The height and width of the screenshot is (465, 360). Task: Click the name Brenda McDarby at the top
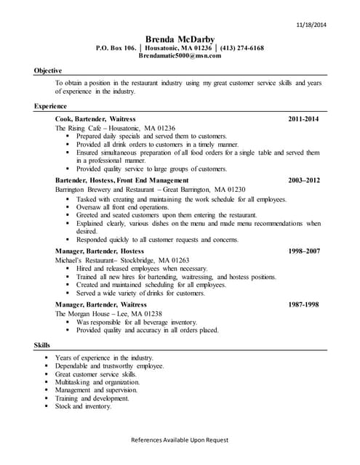[x=180, y=39]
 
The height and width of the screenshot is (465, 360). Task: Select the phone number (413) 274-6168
[x=239, y=47]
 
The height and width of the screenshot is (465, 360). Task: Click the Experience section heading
[x=50, y=106]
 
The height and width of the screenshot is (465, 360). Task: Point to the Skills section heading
[x=41, y=344]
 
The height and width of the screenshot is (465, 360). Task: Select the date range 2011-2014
[x=303, y=118]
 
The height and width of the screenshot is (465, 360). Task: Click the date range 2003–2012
[x=303, y=179]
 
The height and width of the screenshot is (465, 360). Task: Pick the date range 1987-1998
[x=303, y=304]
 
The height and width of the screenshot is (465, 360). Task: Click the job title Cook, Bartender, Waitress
[x=95, y=118]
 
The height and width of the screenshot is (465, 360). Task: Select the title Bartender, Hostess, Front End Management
[x=121, y=179]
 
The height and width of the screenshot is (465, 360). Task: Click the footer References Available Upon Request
[x=180, y=440]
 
